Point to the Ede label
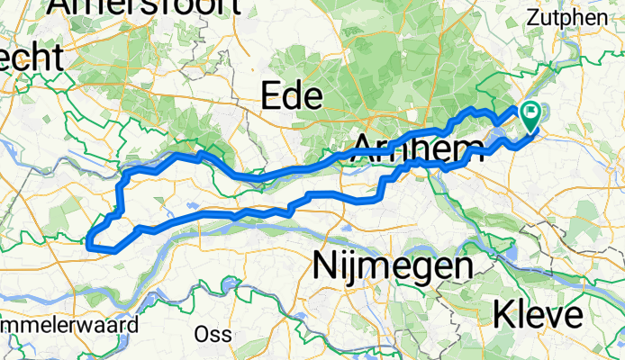[288, 95]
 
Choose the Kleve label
[539, 316]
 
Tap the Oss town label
[213, 334]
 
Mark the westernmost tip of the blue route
[88, 240]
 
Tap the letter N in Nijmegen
[322, 266]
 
